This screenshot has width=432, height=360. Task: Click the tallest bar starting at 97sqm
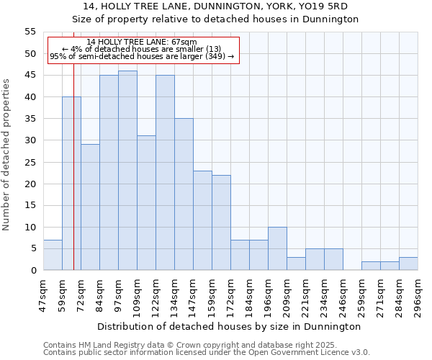127,171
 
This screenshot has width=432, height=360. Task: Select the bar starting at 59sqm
71,184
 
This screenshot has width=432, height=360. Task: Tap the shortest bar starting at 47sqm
53,255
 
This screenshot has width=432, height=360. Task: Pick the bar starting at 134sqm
184,194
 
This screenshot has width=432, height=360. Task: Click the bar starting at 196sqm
277,248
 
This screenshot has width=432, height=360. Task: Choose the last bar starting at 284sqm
408,264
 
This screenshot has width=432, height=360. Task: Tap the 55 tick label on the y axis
30,32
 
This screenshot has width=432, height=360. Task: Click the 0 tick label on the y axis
32,270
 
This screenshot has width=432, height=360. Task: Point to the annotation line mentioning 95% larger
142,56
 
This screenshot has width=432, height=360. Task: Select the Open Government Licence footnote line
207,352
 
